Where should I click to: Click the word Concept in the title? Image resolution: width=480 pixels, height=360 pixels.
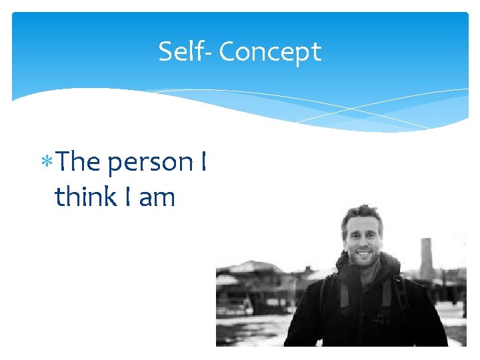click(270, 52)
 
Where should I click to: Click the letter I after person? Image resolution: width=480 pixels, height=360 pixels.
click(202, 161)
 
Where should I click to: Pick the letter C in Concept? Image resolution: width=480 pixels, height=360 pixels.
click(227, 51)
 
